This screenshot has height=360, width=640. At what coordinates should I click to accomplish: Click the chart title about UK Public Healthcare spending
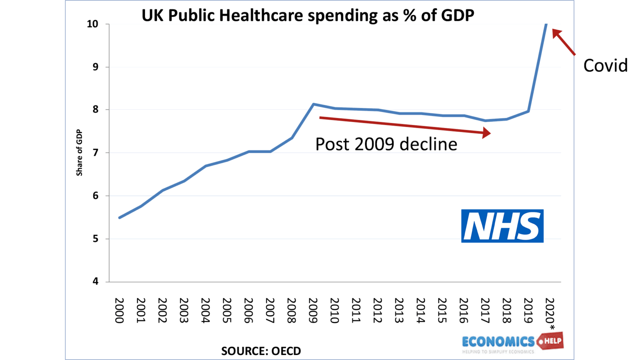click(x=307, y=15)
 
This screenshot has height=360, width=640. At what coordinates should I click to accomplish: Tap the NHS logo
click(x=502, y=226)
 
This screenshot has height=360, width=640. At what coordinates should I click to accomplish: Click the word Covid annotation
click(x=605, y=65)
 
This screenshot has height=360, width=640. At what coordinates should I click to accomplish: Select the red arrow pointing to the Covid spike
click(x=564, y=42)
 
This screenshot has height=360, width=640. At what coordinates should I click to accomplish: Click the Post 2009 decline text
click(x=386, y=144)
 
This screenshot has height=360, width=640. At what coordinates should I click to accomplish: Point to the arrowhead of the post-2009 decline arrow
click(x=486, y=133)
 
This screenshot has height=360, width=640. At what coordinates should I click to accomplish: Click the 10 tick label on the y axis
click(x=92, y=24)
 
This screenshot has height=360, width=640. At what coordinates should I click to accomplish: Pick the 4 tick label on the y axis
click(x=95, y=282)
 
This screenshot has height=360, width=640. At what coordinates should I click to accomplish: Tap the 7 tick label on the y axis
click(x=95, y=153)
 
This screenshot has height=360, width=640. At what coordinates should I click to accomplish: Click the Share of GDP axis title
click(x=79, y=152)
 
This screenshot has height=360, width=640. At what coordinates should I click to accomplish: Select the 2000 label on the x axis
click(x=119, y=310)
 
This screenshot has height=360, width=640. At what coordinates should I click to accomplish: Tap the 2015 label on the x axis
click(x=442, y=310)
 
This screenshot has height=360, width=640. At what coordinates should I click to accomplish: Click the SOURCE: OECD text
click(x=261, y=351)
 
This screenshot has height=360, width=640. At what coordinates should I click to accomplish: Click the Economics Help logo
click(x=512, y=342)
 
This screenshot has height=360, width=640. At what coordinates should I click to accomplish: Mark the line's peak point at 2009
click(x=313, y=104)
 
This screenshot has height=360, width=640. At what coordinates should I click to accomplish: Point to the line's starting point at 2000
click(x=120, y=217)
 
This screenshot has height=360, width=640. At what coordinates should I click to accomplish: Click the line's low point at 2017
click(x=485, y=121)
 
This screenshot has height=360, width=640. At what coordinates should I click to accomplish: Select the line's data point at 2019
click(x=528, y=111)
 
